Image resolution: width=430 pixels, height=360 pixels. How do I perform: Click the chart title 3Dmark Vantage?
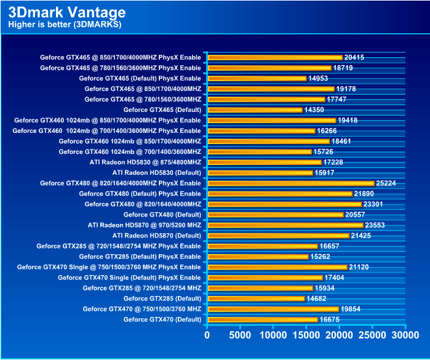point(67,12)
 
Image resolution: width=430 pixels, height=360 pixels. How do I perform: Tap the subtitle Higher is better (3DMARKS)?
point(65,25)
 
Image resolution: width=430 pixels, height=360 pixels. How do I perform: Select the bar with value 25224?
point(291,183)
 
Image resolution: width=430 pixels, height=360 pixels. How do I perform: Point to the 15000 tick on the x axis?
point(306,335)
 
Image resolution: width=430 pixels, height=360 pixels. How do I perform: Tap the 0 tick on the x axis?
point(207,335)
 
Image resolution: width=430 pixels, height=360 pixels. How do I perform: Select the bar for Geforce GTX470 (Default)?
point(263,319)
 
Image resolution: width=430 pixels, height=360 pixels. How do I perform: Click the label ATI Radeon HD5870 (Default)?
point(157,236)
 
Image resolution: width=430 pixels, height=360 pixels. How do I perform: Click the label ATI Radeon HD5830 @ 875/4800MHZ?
point(145,162)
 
